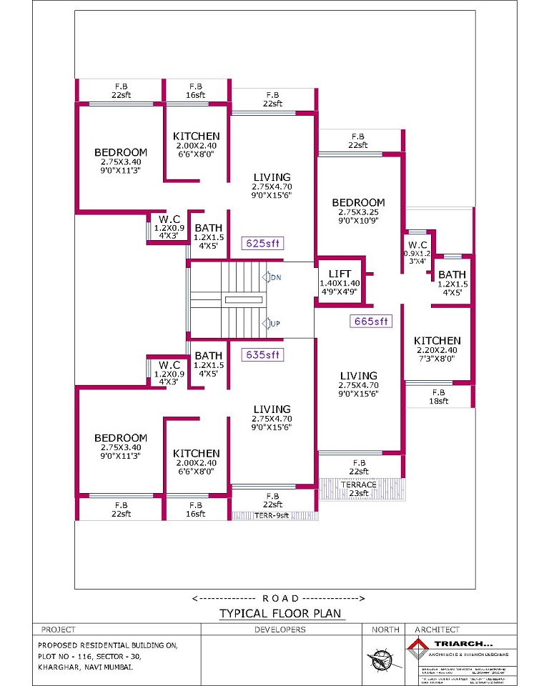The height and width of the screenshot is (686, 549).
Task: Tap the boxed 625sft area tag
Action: click(262, 243)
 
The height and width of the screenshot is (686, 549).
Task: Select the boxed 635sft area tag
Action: click(262, 354)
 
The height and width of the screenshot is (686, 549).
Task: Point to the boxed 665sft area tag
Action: click(372, 322)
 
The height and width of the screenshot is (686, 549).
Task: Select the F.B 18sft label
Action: click(438, 397)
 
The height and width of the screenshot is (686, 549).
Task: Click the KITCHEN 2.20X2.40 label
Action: click(437, 345)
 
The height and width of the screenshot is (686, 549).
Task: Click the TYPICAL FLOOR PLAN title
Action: click(281, 613)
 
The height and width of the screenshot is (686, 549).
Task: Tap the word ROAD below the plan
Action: click(280, 597)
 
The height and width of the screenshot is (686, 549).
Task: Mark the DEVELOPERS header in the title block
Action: click(280, 630)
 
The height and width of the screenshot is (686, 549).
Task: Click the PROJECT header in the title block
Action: click(59, 630)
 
